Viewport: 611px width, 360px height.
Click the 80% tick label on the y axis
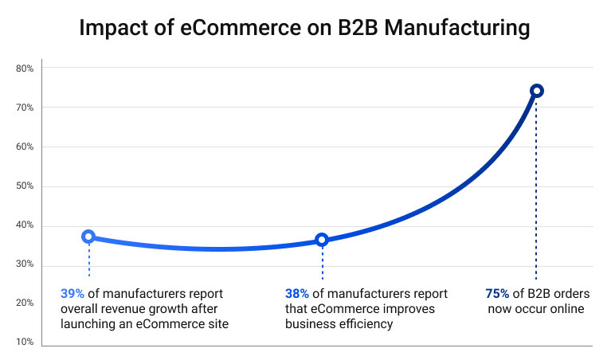coord(25,68)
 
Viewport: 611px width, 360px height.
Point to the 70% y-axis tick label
coord(25,108)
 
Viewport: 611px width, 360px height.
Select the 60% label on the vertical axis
coord(25,147)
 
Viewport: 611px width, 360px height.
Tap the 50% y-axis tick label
coord(25,186)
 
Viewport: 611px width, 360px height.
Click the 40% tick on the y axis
coord(25,225)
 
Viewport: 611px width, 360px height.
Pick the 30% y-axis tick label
coord(25,264)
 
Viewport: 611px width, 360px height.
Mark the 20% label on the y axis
coord(25,303)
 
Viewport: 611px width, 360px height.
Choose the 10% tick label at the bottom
coord(25,342)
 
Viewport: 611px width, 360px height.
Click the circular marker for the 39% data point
coord(88,237)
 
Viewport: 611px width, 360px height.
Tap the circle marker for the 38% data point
coord(322,240)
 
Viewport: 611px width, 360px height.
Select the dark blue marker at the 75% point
coord(536,91)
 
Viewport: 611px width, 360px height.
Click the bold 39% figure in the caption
coord(72,293)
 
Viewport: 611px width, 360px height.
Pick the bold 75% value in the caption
coord(497,293)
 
